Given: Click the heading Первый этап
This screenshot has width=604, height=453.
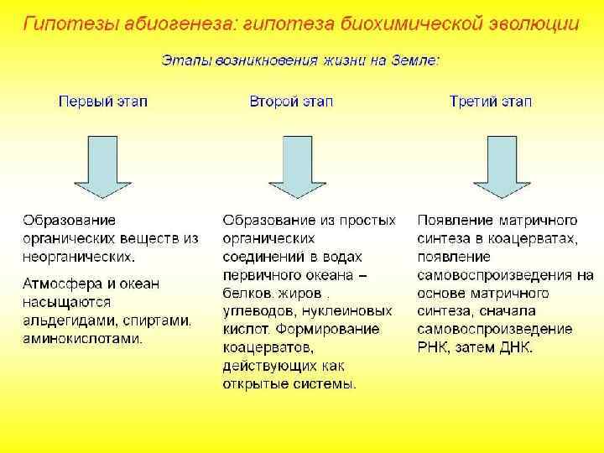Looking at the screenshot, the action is (102, 102).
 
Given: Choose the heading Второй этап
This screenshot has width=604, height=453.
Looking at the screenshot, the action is (291, 102).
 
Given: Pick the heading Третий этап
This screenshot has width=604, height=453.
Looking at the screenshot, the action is (491, 102).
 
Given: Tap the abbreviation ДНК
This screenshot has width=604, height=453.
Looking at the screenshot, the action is (513, 346).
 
